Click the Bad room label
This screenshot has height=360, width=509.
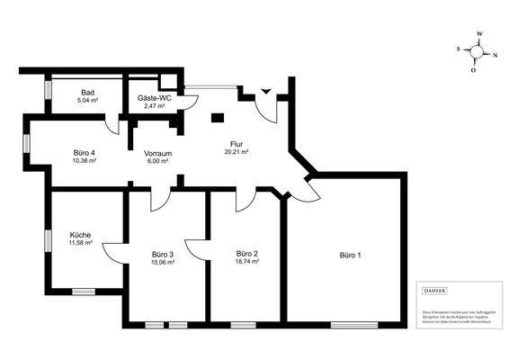tap(87, 93)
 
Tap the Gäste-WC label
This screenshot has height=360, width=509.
tap(155, 98)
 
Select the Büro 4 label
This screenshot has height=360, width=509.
tap(85, 153)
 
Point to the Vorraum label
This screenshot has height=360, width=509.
tap(157, 153)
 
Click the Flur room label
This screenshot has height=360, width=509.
tap(237, 144)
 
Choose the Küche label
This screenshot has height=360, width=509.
tap(80, 235)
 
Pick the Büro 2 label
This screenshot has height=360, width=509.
tap(246, 254)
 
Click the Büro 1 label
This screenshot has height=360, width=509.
tap(352, 255)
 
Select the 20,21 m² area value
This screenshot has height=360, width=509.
tap(237, 152)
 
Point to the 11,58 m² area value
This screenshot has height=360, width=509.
tap(80, 243)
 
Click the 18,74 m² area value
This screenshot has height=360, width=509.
tap(246, 263)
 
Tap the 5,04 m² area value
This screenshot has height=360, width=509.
tap(87, 101)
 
